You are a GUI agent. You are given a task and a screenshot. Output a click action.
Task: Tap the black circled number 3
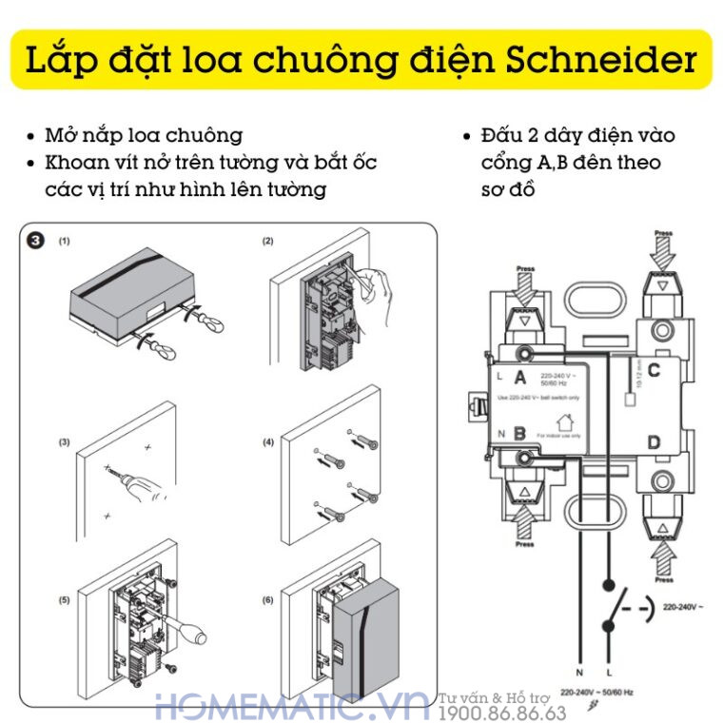pos(35,242)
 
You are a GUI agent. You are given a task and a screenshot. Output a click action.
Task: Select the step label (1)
pos(64,242)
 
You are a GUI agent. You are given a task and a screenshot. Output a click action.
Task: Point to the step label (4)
pos(268,442)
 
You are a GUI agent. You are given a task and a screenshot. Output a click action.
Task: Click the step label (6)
pos(268,600)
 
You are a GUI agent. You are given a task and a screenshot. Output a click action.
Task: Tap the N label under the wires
pos(578,673)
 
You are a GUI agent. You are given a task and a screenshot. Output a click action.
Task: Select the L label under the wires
pos(607,673)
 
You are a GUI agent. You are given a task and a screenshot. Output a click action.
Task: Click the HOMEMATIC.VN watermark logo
pos(295,706)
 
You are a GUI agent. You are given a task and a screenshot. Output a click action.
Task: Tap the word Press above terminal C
pos(663,232)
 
